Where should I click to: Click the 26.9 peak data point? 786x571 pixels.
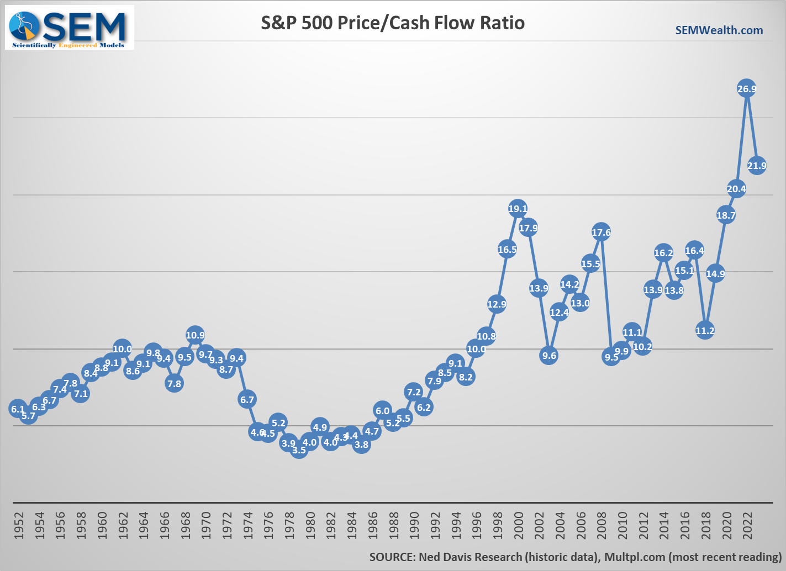tap(746, 89)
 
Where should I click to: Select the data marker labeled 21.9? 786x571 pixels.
tap(757, 165)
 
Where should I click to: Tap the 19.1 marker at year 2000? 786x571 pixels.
tap(518, 209)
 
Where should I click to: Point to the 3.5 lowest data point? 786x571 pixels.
tap(299, 450)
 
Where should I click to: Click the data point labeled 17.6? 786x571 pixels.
tap(601, 232)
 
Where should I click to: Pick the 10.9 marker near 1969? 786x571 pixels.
tap(195, 335)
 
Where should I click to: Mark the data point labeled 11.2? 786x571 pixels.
tap(705, 331)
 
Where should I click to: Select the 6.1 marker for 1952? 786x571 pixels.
tap(18, 409)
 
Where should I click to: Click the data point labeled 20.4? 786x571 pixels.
tap(736, 189)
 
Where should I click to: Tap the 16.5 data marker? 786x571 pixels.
tap(507, 250)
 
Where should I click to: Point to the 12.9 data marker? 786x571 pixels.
tap(497, 304)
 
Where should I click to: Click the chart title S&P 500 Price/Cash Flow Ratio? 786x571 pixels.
tap(392, 23)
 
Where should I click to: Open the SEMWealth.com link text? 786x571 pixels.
tap(719, 30)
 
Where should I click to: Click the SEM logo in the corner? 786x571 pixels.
tap(70, 28)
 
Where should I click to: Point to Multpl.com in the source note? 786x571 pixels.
tap(634, 557)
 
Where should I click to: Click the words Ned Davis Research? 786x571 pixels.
tap(470, 557)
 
